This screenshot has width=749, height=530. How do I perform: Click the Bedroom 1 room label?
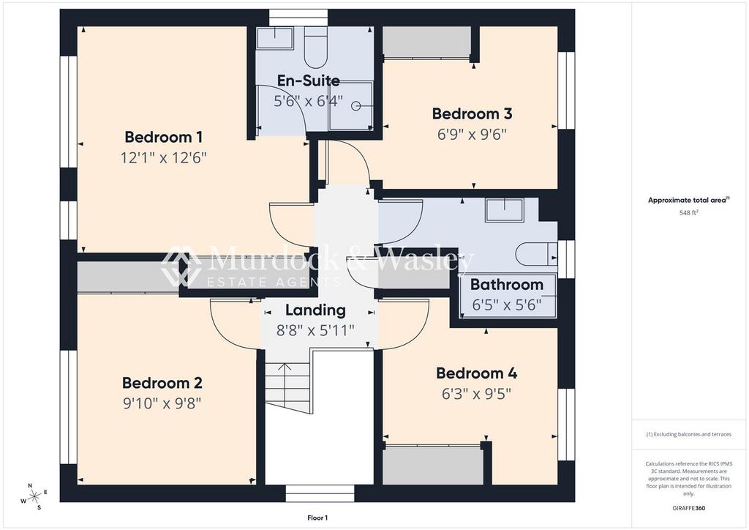click(163, 137)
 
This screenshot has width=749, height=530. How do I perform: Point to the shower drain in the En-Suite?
click(356, 105)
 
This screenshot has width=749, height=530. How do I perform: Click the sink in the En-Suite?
click(275, 38)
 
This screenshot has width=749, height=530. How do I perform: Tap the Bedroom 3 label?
click(472, 113)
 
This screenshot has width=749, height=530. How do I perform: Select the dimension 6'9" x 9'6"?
click(472, 134)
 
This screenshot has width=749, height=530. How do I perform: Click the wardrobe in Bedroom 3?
click(427, 42)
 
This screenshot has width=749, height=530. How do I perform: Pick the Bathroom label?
click(507, 285)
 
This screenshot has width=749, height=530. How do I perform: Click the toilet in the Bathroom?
click(535, 254)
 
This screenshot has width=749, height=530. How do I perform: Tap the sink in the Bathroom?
click(505, 209)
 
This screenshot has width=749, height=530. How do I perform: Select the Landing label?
click(315, 310)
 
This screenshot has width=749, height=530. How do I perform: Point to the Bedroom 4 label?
click(476, 373)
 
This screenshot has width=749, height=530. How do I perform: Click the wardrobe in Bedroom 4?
click(433, 464)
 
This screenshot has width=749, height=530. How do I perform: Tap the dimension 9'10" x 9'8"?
click(162, 403)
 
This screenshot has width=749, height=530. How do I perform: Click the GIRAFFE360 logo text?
click(688, 507)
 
